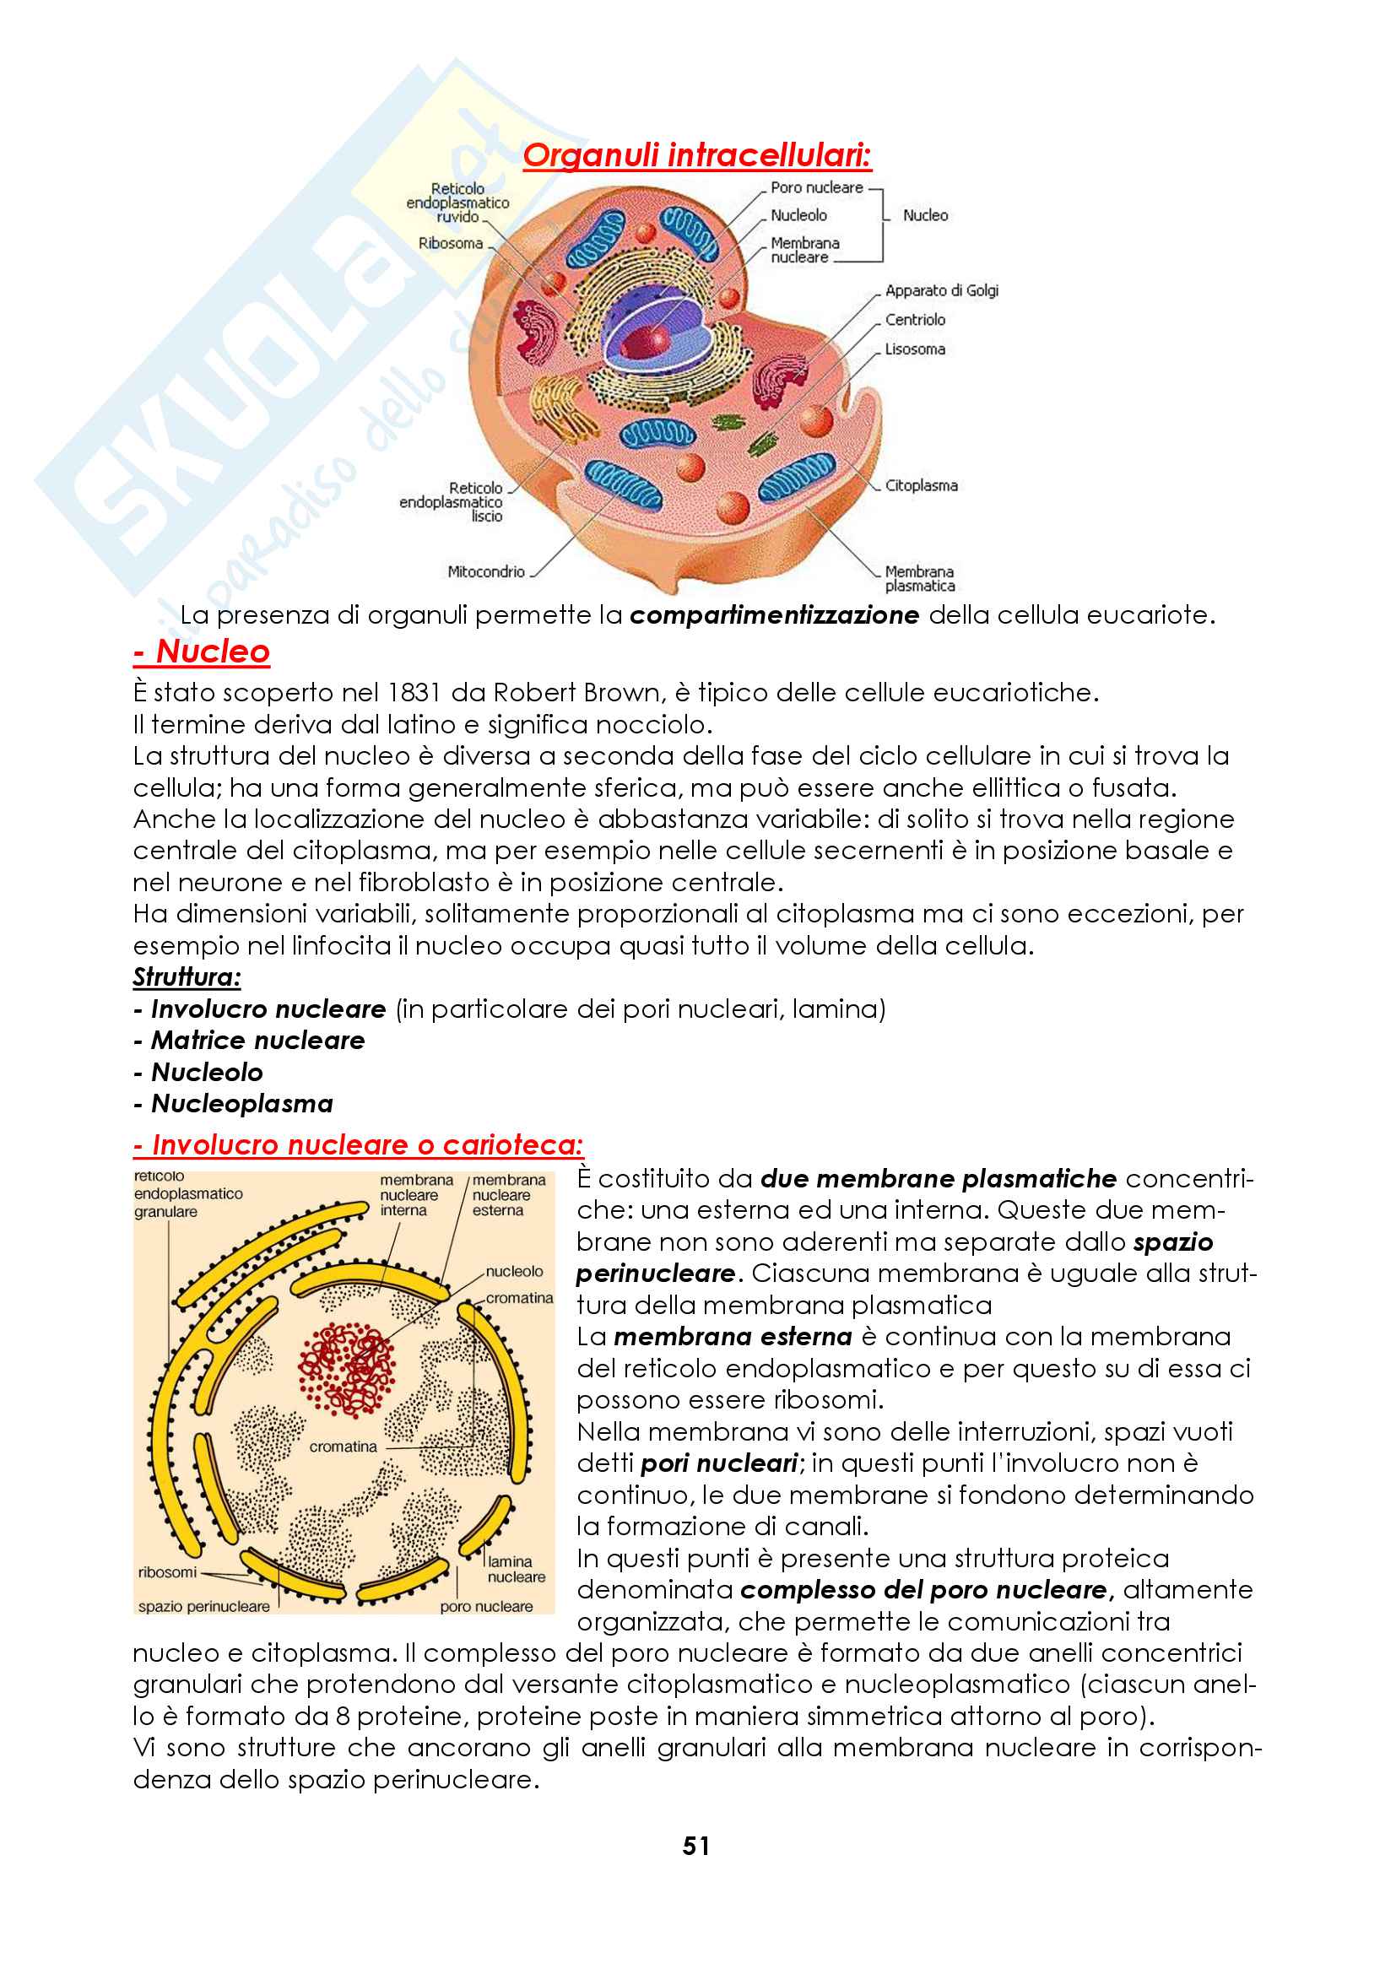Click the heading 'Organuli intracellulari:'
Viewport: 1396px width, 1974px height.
[x=696, y=155]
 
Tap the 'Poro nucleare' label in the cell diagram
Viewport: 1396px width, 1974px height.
[x=816, y=187]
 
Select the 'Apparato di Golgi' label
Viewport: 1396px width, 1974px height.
[x=941, y=290]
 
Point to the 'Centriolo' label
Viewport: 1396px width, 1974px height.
[x=915, y=320]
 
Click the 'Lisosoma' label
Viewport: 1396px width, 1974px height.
[x=915, y=349]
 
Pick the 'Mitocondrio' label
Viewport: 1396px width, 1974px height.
[x=485, y=571]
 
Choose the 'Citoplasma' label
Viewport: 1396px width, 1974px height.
[x=921, y=486]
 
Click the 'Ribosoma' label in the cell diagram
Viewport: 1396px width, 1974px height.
[x=451, y=243]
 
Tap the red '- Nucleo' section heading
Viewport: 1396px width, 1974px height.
[x=202, y=651]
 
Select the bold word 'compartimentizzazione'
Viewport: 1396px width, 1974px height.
[x=774, y=615]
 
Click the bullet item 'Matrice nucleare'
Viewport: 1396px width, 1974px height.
[x=258, y=1041]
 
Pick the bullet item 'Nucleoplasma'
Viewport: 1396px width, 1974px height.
[x=241, y=1104]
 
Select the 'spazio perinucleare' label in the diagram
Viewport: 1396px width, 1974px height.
[x=203, y=1606]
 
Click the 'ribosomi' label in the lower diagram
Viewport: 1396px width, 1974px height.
[x=167, y=1572]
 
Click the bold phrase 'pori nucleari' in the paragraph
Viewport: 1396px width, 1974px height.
[x=719, y=1463]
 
